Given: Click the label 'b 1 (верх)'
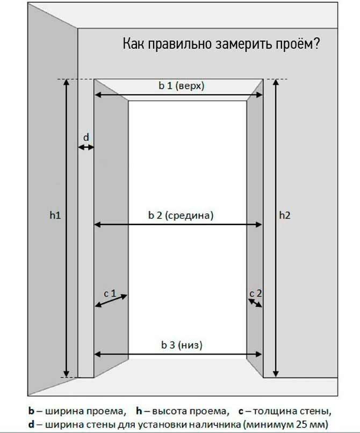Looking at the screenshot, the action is [x=182, y=86].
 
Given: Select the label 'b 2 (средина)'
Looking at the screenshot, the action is [x=181, y=215].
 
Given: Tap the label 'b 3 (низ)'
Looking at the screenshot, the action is [x=182, y=345].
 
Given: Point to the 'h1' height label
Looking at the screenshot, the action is [x=55, y=215].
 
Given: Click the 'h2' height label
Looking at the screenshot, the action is [x=285, y=215].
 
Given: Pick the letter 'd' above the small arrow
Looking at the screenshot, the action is [x=86, y=137].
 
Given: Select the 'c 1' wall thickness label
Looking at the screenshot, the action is [x=110, y=293].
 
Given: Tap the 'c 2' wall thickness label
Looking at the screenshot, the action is [x=256, y=293].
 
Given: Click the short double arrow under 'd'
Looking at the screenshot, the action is [x=86, y=148].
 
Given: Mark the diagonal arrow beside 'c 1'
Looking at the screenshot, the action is [x=111, y=301].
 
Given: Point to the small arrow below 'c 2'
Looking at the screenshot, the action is [x=255, y=303].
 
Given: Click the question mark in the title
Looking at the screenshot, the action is [x=316, y=44].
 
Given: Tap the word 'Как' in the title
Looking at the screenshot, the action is [x=133, y=44].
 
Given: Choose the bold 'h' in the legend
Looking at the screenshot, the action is [x=139, y=411].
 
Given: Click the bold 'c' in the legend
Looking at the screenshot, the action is [x=241, y=412].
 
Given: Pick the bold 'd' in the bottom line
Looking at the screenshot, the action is [x=31, y=424].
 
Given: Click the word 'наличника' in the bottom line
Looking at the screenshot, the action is [x=212, y=424].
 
